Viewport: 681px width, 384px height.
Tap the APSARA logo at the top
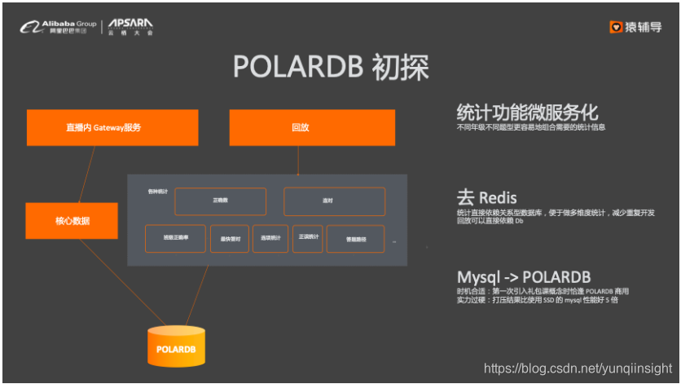pyautogui.click(x=130, y=27)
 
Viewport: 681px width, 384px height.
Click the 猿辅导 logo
pyautogui.click(x=635, y=27)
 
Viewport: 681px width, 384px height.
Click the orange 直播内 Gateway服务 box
pyautogui.click(x=112, y=127)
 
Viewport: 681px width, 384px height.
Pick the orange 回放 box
pyautogui.click(x=299, y=127)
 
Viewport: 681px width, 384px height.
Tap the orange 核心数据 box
pyautogui.click(x=72, y=221)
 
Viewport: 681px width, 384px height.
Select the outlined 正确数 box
pyautogui.click(x=220, y=201)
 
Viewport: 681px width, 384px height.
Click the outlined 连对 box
pyautogui.click(x=334, y=201)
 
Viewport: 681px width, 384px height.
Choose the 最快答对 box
pyautogui.click(x=230, y=239)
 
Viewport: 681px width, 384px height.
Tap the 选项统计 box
pyautogui.click(x=270, y=237)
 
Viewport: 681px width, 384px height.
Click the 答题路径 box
pyautogui.click(x=355, y=239)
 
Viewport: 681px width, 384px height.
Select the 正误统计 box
pyautogui.click(x=309, y=236)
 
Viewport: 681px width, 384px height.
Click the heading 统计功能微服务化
pyautogui.click(x=528, y=113)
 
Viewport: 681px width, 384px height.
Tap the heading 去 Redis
pyautogui.click(x=486, y=197)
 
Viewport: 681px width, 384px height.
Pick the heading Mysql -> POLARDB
pyautogui.click(x=524, y=276)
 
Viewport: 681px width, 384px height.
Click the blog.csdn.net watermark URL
pyautogui.click(x=578, y=369)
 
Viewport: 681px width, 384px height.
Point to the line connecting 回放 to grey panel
pyautogui.click(x=299, y=161)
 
